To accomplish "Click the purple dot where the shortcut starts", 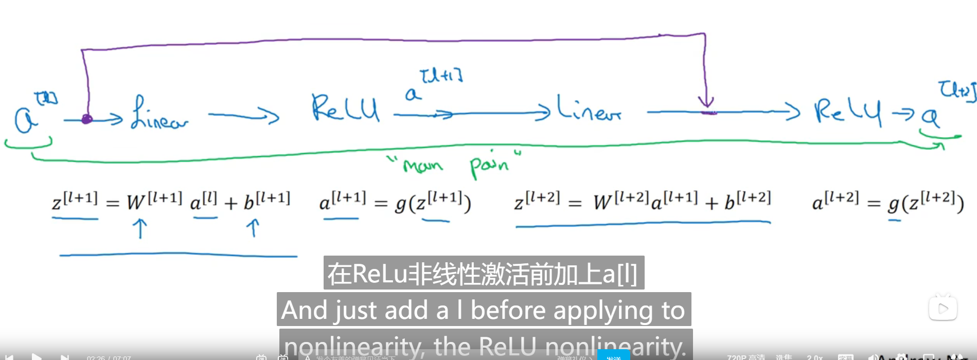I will point(87,119).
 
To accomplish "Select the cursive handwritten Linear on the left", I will point(159,113).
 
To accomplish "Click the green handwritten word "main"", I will point(423,166).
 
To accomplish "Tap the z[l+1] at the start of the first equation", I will point(75,201).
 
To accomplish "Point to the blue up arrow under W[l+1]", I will point(140,228).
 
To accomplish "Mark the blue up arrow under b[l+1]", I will point(253,227).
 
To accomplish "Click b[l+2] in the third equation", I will point(748,201).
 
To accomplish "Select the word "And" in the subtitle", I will point(304,310).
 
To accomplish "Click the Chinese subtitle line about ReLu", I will point(483,273).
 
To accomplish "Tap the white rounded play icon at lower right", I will point(943,308).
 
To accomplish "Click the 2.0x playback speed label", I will point(814,357).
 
